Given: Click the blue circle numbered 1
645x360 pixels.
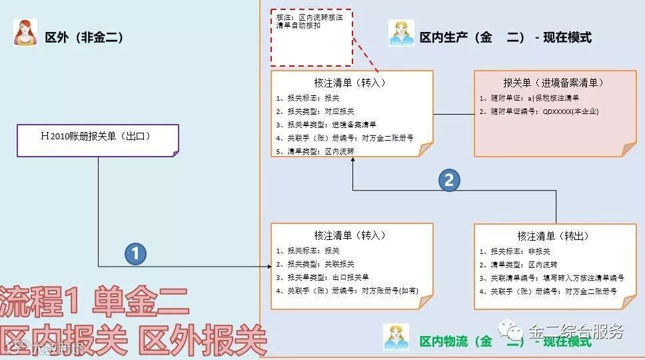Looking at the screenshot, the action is click(x=136, y=253).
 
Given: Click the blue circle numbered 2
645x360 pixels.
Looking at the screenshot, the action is click(x=449, y=180).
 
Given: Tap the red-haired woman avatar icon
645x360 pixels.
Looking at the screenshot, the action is click(x=25, y=33).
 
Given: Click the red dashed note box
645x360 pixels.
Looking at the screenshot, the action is click(x=311, y=37).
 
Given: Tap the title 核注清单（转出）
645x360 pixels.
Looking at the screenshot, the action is click(x=553, y=236).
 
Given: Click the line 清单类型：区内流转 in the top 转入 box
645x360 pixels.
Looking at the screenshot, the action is click(x=318, y=151).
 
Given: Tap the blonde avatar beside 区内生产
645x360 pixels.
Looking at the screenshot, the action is click(x=401, y=33).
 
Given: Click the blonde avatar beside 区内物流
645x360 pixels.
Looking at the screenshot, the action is click(x=396, y=337).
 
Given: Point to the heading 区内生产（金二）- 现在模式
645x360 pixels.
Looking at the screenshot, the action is click(x=505, y=37).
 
